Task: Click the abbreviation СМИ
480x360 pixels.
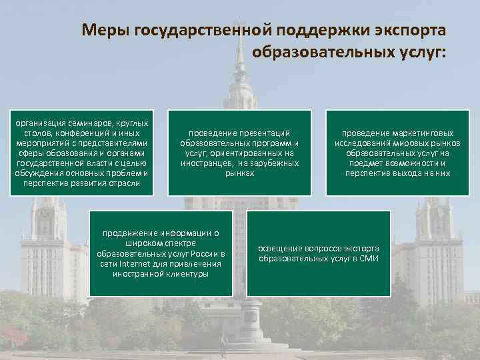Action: click(x=368, y=258)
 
